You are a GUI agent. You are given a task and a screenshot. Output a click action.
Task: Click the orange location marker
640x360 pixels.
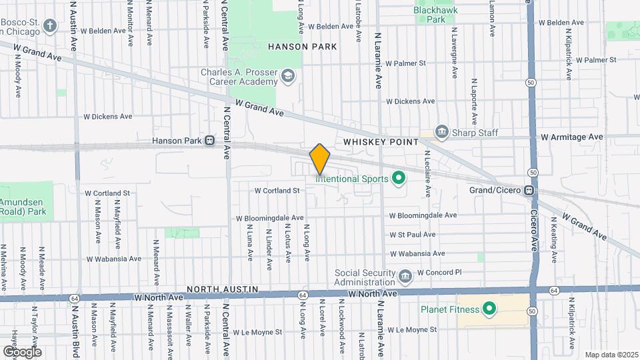[x=320, y=159]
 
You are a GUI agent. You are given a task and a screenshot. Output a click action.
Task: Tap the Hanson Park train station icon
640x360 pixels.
[x=209, y=141]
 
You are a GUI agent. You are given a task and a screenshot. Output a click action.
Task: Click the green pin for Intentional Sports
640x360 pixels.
[x=399, y=178]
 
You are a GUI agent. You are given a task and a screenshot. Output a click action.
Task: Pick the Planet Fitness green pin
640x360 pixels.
[x=489, y=309]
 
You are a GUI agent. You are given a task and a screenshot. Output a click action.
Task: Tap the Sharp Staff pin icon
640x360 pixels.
[x=441, y=131]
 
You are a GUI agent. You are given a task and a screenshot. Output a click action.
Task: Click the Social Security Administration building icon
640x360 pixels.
[x=405, y=276]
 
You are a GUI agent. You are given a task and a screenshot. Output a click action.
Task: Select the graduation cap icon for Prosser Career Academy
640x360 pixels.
[x=287, y=77]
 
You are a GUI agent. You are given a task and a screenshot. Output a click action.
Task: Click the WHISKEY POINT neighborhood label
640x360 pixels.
[x=381, y=142]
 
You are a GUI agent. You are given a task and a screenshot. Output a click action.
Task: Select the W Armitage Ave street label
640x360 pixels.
[x=571, y=137]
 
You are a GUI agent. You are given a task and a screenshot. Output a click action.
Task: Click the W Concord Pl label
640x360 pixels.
[x=439, y=273]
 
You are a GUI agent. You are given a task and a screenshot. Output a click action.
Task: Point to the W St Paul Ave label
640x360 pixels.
[x=413, y=234]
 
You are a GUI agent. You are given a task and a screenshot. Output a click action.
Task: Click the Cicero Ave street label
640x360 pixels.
[x=534, y=233]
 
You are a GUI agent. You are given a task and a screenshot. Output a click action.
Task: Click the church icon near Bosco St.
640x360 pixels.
[x=49, y=26]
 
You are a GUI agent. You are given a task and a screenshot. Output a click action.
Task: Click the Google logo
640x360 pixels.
[x=21, y=351]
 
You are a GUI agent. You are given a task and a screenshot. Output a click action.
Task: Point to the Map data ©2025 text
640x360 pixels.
[x=611, y=355]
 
